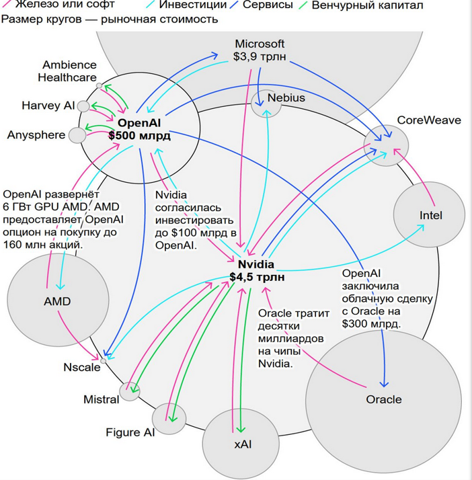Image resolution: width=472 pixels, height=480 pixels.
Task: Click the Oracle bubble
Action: tap(383, 399)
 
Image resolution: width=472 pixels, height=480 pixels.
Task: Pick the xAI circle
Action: tap(242, 443)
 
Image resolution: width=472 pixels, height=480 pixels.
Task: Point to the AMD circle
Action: tap(57, 301)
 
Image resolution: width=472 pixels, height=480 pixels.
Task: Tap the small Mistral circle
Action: tap(128, 391)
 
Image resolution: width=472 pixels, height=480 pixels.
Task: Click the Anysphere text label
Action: tap(36, 134)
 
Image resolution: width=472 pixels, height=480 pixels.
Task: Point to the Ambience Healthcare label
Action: tap(67, 71)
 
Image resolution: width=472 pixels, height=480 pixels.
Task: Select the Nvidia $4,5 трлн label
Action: tap(256, 270)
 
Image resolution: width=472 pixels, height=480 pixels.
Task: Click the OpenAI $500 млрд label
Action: tap(141, 130)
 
